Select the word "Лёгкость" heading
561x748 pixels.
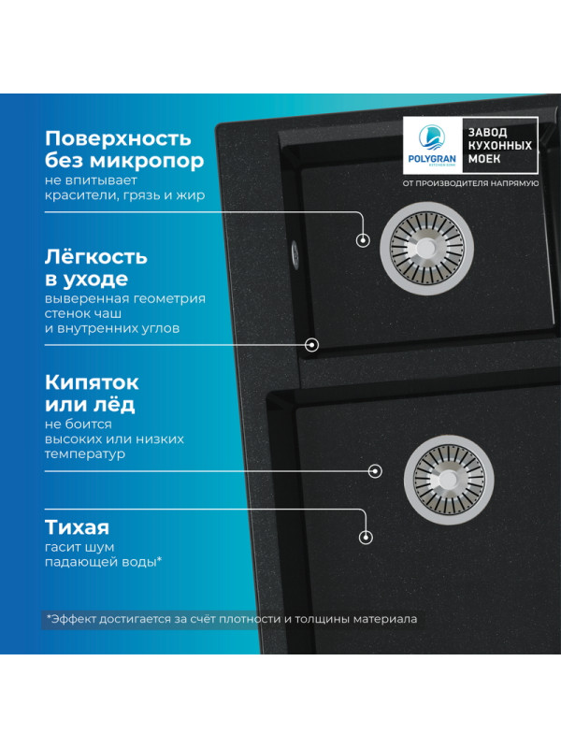[96, 256]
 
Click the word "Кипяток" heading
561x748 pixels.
[92, 382]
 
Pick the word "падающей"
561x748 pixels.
[81, 561]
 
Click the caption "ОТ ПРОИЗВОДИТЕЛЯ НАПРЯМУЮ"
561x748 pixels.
[470, 183]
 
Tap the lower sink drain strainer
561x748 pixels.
[440, 472]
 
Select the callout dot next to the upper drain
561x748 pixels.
[363, 240]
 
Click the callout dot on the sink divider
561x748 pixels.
[312, 345]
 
